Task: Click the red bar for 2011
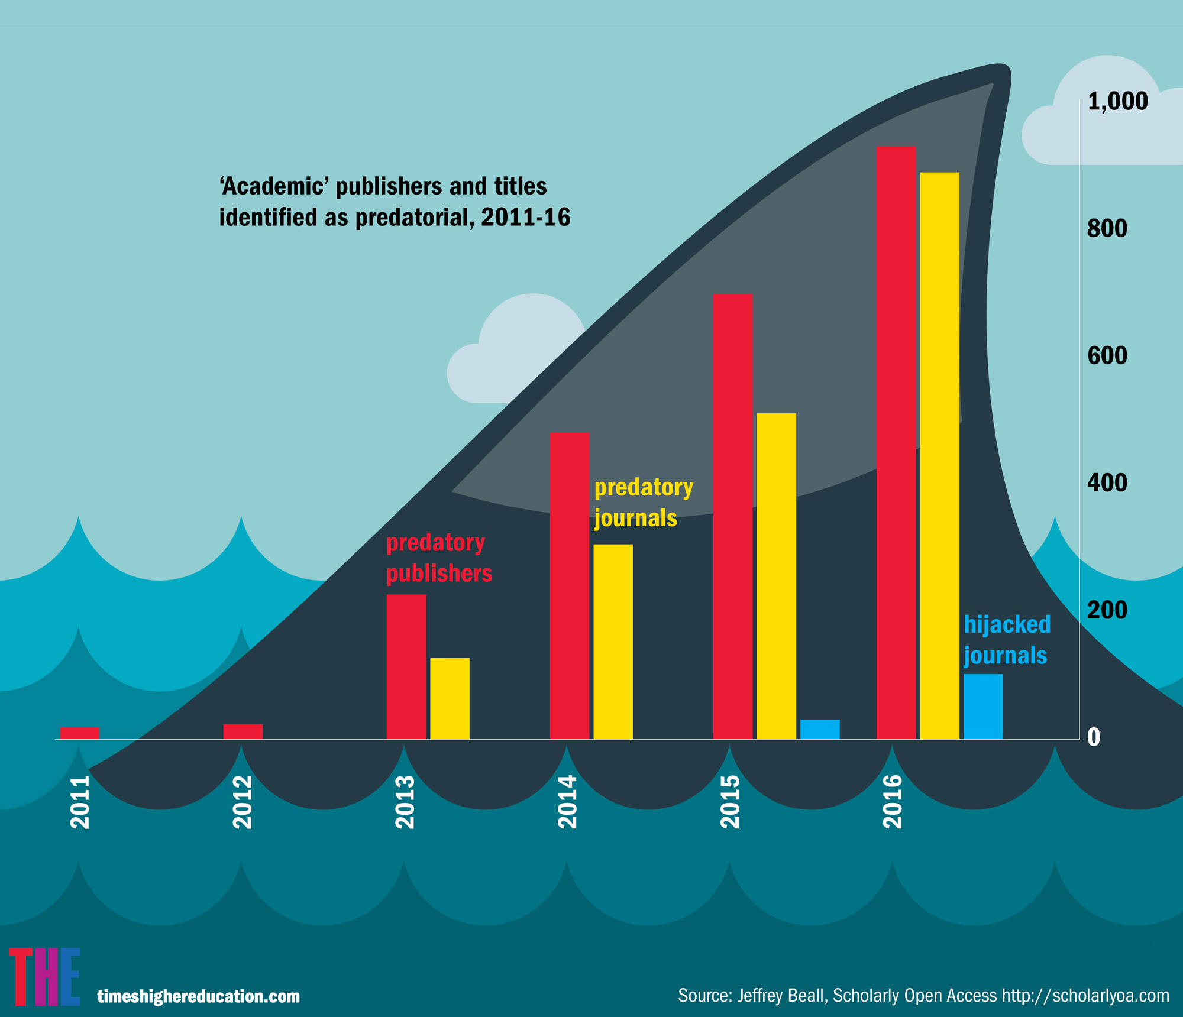tap(79, 733)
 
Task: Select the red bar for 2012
tap(243, 731)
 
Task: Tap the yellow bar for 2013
tap(450, 698)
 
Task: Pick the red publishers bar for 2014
tap(569, 585)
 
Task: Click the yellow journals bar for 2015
tap(776, 576)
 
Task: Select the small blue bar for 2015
tap(820, 729)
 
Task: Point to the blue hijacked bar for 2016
tap(983, 707)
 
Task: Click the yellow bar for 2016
tap(939, 455)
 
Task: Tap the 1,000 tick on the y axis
tap(1117, 102)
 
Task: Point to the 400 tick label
tap(1107, 483)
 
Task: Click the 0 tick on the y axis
tap(1094, 737)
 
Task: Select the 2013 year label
tap(405, 802)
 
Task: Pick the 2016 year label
tap(893, 802)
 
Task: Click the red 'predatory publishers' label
tap(438, 558)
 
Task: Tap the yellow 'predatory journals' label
tap(642, 503)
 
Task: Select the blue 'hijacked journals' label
tap(1007, 640)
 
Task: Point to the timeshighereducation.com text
tap(198, 996)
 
